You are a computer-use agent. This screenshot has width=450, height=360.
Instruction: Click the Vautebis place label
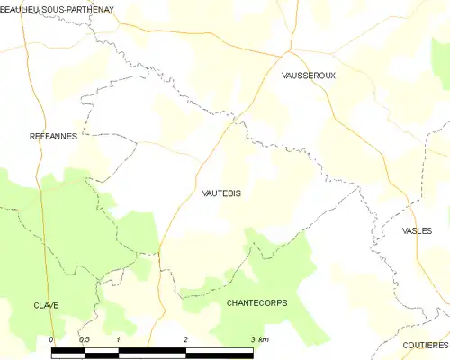click(221, 193)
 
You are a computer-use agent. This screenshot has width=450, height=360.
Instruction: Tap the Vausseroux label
click(308, 76)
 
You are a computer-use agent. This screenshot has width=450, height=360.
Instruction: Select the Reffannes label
click(52, 136)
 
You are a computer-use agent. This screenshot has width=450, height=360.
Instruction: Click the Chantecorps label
click(257, 303)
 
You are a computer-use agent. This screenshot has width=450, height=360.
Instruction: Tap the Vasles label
click(417, 230)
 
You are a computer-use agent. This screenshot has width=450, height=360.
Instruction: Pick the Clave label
click(46, 305)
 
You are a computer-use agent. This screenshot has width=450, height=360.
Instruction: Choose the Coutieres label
click(426, 345)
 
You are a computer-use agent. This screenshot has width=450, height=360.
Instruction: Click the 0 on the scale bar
click(51, 339)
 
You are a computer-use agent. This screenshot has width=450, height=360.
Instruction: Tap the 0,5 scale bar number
click(84, 339)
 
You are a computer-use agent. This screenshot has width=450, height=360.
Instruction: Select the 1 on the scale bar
click(119, 339)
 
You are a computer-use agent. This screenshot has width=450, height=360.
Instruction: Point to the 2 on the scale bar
click(185, 339)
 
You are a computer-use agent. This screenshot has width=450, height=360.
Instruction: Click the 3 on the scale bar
click(252, 339)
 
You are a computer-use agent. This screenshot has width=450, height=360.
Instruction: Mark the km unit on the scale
click(263, 339)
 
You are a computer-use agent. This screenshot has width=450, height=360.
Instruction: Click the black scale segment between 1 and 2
click(152, 349)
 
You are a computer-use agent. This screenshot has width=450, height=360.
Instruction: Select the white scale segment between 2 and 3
click(219, 349)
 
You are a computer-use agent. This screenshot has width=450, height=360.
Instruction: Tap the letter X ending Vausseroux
click(332, 76)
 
